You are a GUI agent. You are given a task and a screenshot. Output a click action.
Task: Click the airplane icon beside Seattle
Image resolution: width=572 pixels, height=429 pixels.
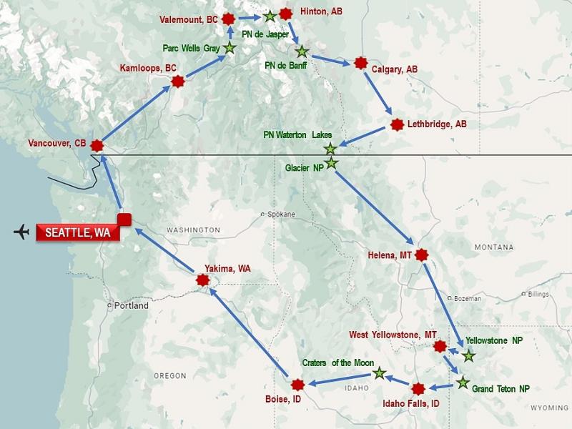[x=22, y=232]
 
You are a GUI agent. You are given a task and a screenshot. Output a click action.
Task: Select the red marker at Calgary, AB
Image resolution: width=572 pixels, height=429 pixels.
[x=360, y=63]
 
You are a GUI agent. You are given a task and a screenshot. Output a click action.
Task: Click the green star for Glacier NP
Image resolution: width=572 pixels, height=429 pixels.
[x=331, y=163]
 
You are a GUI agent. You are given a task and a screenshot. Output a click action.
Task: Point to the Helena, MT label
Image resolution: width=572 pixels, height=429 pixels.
[x=390, y=255]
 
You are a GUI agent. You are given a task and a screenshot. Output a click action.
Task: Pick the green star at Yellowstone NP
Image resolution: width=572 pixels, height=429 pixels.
[x=468, y=355]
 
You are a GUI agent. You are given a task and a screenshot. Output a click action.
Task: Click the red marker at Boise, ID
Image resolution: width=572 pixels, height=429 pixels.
[x=298, y=384]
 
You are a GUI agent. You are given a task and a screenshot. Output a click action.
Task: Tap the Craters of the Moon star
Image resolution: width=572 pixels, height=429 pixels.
[x=379, y=373]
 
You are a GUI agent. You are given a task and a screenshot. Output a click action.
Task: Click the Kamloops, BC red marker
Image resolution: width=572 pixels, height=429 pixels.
[x=177, y=82]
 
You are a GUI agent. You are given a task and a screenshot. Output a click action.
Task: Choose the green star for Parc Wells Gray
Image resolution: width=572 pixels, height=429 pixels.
[x=230, y=48]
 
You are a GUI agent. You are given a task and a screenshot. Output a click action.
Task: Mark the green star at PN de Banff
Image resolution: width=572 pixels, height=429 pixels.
[x=301, y=51]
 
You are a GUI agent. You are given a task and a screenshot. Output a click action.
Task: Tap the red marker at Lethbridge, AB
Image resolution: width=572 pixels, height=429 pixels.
[x=398, y=124]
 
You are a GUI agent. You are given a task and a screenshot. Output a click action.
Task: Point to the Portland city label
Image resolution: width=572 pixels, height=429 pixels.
[x=131, y=305]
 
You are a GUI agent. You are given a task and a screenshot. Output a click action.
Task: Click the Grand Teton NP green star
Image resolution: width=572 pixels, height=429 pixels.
[x=463, y=383]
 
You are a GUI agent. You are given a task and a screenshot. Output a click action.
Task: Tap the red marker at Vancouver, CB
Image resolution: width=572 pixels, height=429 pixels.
[x=97, y=145]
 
